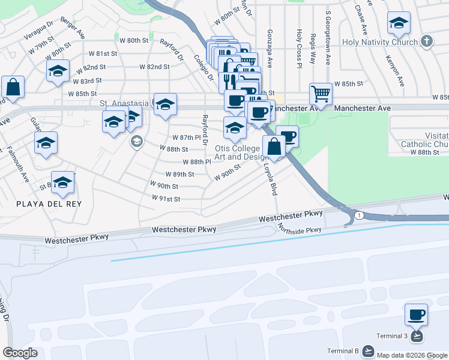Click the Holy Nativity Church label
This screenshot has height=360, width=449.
379,43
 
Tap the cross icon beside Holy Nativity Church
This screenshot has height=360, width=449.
426,42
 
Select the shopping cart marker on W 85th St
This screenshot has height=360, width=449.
321,94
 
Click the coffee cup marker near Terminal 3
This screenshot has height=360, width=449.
416,314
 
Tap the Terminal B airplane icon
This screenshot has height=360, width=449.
367,350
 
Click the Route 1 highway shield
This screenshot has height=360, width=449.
358,215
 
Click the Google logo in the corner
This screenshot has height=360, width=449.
20,352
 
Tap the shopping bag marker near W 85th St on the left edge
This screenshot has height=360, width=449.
13,87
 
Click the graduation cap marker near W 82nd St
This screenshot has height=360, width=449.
58,71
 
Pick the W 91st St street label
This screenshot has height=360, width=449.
165,199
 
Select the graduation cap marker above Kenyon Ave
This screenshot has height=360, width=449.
399,23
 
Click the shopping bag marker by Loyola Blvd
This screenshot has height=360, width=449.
274,146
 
